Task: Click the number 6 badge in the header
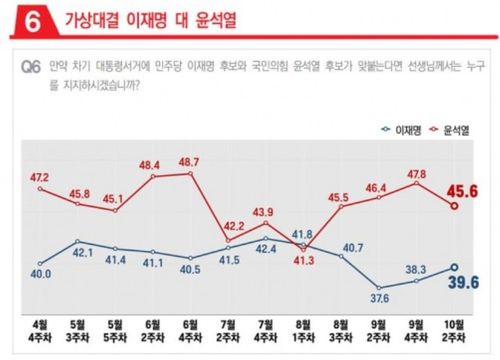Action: [22, 20]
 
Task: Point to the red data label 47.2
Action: [40, 177]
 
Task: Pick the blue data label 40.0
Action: [40, 272]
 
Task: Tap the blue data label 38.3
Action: [416, 269]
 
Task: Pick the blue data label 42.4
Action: [266, 248]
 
